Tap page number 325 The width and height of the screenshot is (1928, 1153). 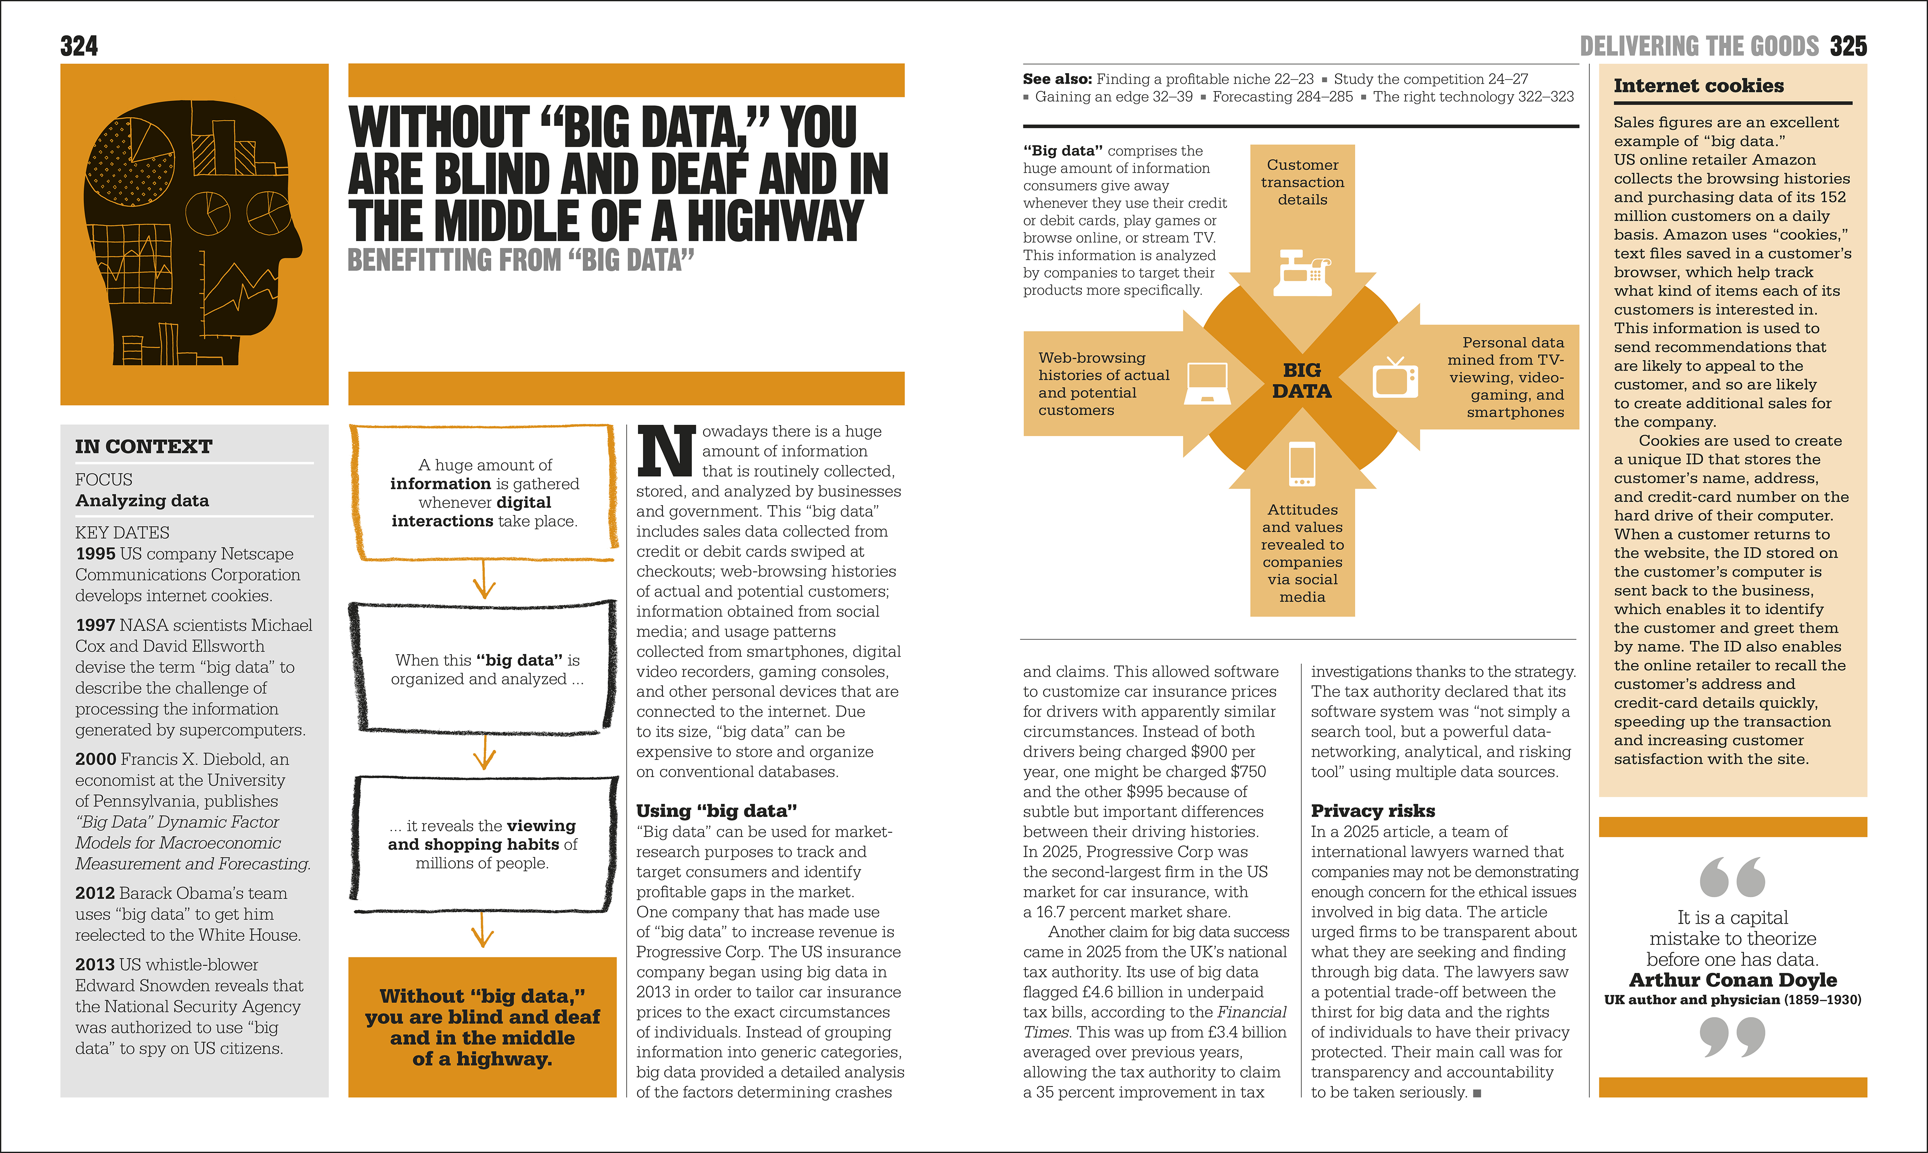click(1848, 47)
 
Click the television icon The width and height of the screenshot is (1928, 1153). click(1395, 378)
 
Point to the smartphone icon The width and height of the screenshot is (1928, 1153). click(1302, 464)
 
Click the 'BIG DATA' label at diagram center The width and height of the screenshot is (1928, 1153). click(1302, 381)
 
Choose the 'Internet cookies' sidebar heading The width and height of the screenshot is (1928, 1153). click(1699, 85)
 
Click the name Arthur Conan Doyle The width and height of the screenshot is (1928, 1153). click(1732, 980)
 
